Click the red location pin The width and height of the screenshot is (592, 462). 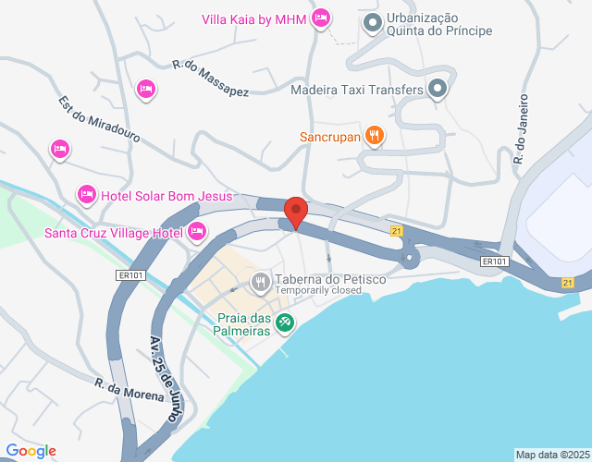tap(295, 212)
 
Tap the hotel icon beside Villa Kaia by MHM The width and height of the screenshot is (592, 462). tap(321, 18)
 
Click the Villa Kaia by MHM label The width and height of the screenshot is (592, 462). tap(253, 18)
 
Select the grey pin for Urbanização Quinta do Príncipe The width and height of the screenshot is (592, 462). tap(372, 22)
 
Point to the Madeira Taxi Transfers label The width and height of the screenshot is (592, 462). tap(356, 91)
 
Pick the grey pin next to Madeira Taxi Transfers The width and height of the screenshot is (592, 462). tap(438, 90)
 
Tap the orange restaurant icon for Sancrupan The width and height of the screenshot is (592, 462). tap(374, 136)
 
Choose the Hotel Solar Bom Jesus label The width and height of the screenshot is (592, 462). tap(166, 195)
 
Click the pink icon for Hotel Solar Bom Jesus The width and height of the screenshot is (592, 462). tap(86, 193)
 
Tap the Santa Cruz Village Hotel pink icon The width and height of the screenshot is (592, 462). tap(196, 231)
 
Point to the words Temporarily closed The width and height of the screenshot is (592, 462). tap(316, 290)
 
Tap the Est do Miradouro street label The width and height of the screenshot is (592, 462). tap(98, 121)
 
